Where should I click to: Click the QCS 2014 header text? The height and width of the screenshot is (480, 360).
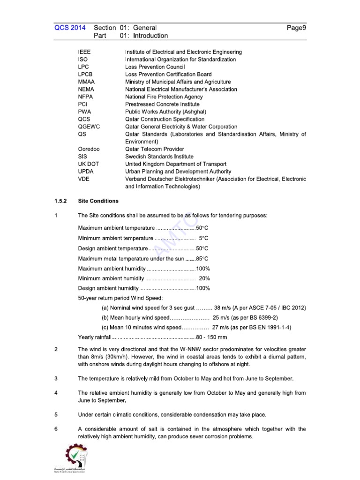[70, 28]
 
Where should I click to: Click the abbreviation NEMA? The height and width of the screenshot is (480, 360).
[86, 89]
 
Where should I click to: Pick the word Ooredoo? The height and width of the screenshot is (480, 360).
[89, 149]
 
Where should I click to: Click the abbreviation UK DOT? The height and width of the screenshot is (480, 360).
[89, 164]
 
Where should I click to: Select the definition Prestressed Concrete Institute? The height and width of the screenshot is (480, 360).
[162, 104]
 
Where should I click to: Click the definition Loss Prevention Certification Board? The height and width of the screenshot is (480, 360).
[168, 74]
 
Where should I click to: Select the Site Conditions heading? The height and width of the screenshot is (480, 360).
[98, 201]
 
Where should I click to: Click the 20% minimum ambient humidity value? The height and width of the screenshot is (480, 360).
[204, 278]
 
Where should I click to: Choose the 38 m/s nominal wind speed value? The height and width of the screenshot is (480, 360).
[222, 308]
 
